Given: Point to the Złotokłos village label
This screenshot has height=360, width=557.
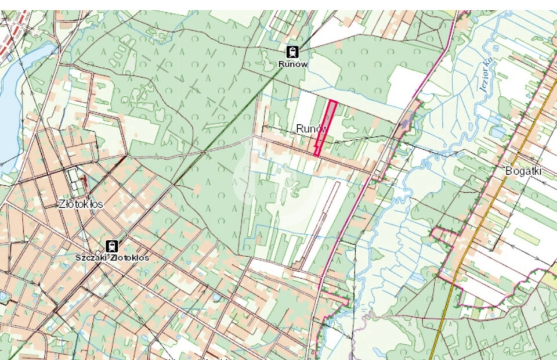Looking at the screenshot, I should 81,204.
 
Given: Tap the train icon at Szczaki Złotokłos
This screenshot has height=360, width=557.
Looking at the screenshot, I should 112,246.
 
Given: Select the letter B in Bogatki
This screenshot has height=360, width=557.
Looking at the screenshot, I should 509,172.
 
